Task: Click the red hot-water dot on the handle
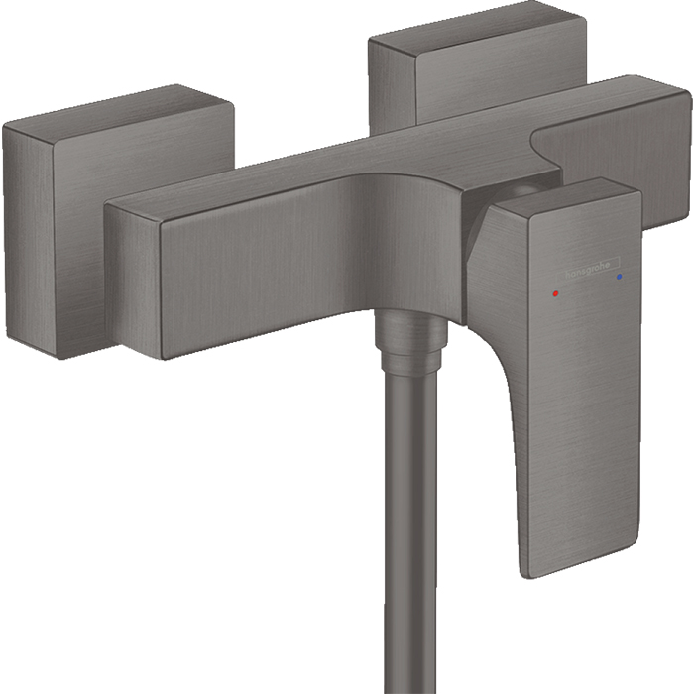coord(558,294)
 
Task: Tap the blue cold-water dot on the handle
coord(620,280)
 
